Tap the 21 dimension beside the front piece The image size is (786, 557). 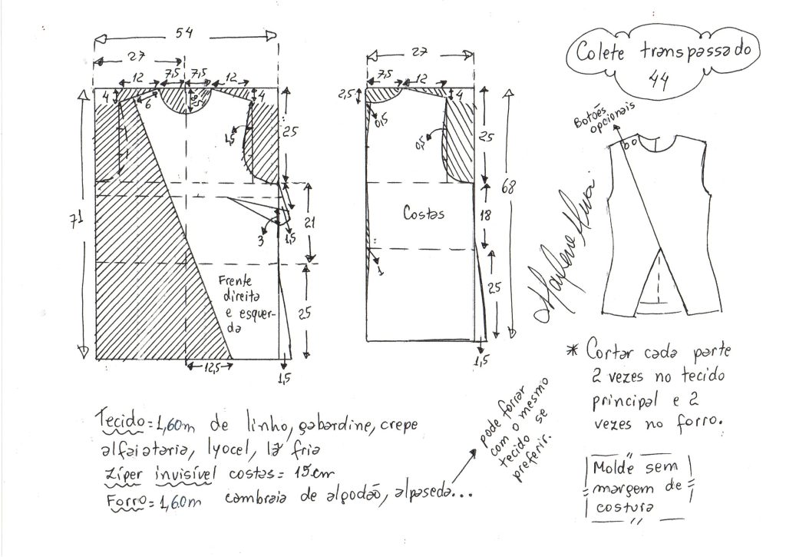click(x=308, y=223)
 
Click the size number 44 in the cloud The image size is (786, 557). click(x=657, y=77)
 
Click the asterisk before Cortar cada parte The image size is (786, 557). click(x=570, y=351)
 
